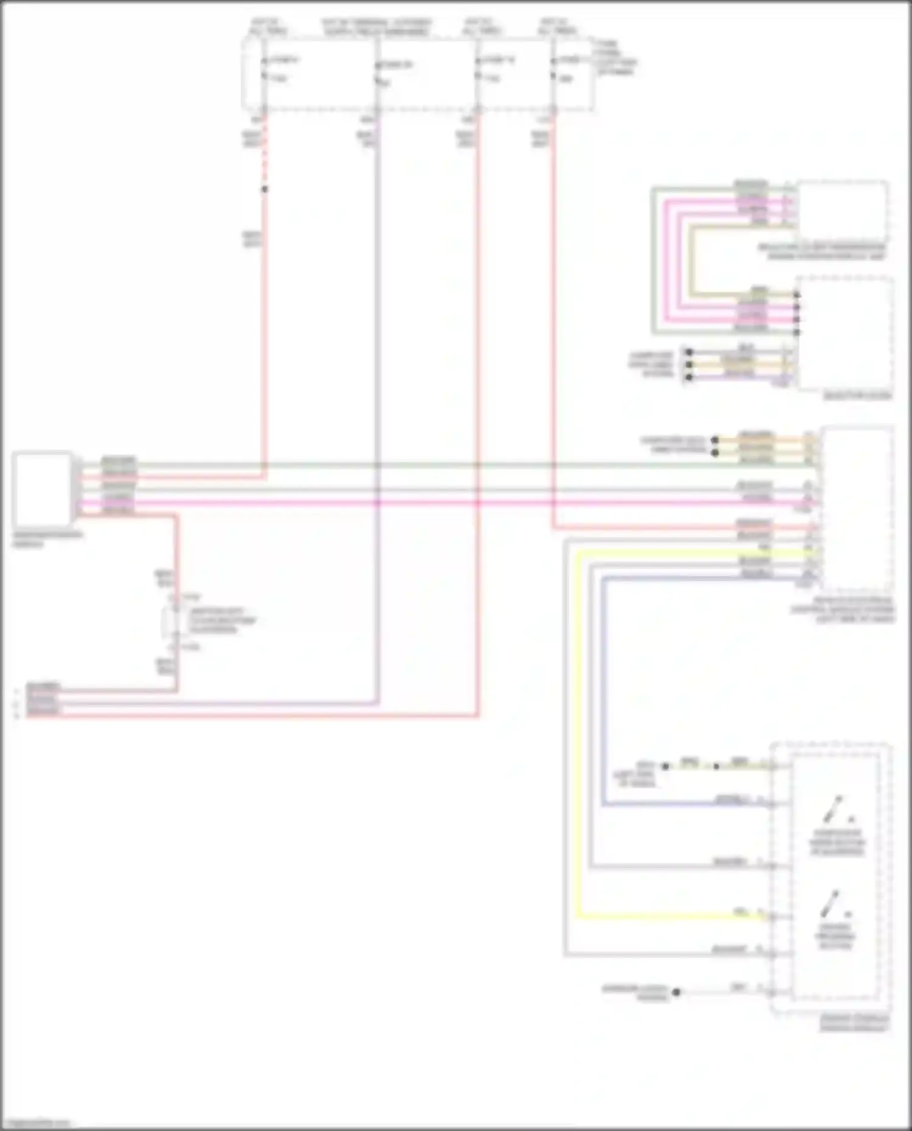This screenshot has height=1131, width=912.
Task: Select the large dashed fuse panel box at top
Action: pyautogui.click(x=418, y=74)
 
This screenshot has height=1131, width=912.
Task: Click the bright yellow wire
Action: pyautogui.click(x=579, y=729)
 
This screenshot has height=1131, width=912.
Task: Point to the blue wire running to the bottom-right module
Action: pyautogui.click(x=603, y=699)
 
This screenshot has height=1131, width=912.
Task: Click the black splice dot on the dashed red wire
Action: pyautogui.click(x=264, y=190)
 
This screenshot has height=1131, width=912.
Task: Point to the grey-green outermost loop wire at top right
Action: pyautogui.click(x=653, y=261)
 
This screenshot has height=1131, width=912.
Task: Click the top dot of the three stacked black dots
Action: pyautogui.click(x=689, y=352)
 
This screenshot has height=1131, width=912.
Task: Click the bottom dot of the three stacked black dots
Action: pyautogui.click(x=689, y=377)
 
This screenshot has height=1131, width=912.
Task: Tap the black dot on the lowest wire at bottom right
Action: pyautogui.click(x=676, y=992)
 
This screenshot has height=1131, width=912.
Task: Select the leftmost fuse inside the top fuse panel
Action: pyautogui.click(x=264, y=68)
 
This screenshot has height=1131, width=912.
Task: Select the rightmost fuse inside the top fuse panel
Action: pyautogui.click(x=554, y=68)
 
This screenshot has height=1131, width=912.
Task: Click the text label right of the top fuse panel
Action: pyautogui.click(x=615, y=58)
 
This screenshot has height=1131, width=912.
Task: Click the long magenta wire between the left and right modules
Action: pyautogui.click(x=426, y=503)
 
